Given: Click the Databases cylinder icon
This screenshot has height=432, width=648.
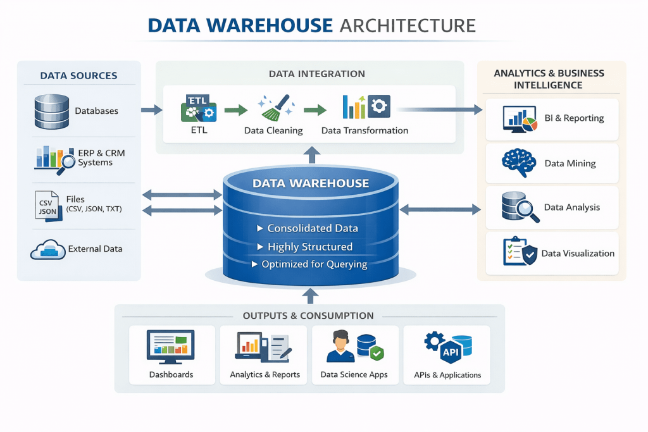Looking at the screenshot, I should pos(51,111).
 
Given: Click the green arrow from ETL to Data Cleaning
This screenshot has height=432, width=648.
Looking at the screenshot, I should pos(235,111).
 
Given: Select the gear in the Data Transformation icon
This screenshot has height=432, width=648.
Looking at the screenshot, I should pos(379,106).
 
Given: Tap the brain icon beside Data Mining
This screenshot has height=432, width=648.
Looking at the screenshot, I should pos(518,163).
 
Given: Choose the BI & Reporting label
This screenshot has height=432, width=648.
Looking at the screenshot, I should pos(574,118).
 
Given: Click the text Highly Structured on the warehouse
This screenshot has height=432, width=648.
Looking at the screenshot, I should pos(309,247).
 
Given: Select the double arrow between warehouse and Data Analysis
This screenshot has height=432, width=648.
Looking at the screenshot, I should pos(440,208).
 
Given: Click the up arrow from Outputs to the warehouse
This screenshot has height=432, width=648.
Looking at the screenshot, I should pos(310,295).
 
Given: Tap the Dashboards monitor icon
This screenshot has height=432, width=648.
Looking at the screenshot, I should pos(171,347).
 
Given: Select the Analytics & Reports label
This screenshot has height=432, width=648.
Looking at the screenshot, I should pos(265,374).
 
